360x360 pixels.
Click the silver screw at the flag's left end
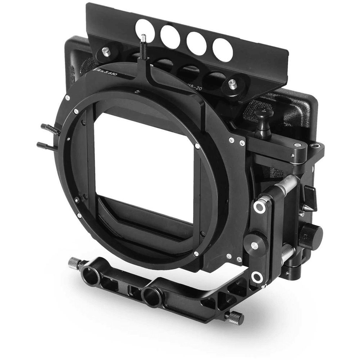(x=106, y=52)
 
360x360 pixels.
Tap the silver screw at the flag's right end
(x=232, y=84)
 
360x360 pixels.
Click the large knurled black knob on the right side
(x=311, y=234)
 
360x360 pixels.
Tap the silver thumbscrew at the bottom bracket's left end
(x=73, y=263)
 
